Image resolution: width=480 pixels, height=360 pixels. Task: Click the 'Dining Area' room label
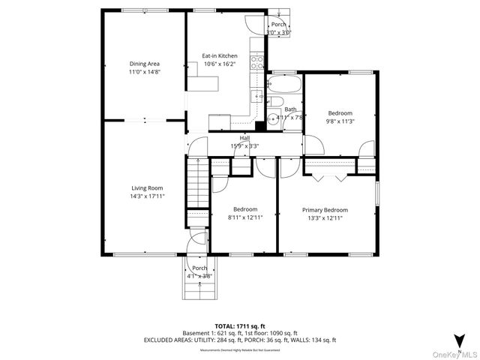coord(144,64)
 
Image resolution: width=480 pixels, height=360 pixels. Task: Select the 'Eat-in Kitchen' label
coord(220,55)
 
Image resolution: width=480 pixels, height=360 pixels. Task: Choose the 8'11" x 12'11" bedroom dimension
coord(244,217)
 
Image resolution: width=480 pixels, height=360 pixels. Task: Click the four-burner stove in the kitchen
coord(257,62)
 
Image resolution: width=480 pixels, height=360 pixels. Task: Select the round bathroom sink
coord(272,117)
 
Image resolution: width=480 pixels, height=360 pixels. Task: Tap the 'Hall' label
coord(244,138)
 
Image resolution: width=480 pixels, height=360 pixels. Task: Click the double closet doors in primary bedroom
coord(329,176)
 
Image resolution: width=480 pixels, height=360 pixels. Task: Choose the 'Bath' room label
coord(289,109)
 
